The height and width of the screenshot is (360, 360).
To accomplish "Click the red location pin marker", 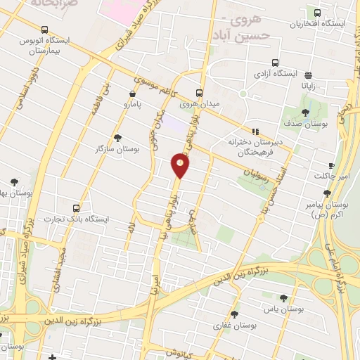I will pos(180,165).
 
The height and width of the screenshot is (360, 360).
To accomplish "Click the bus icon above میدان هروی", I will pos(199,92).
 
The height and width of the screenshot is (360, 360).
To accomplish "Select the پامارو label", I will pos(133,105).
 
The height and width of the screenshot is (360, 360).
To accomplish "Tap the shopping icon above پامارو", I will pos(132,93).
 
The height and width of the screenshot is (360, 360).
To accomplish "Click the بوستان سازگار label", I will pos(117,149).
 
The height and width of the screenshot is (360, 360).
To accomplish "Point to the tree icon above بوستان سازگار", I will pos(117,138).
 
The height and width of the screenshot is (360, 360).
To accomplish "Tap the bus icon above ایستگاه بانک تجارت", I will pos(77,208).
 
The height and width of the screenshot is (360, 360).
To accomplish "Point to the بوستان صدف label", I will pos(306,124).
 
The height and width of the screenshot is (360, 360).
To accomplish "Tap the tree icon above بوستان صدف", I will pos(305,112).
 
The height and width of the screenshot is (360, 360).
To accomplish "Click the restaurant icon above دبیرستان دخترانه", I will pos(255,131).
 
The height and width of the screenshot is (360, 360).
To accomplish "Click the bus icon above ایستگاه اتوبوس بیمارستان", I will pos(45,30).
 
